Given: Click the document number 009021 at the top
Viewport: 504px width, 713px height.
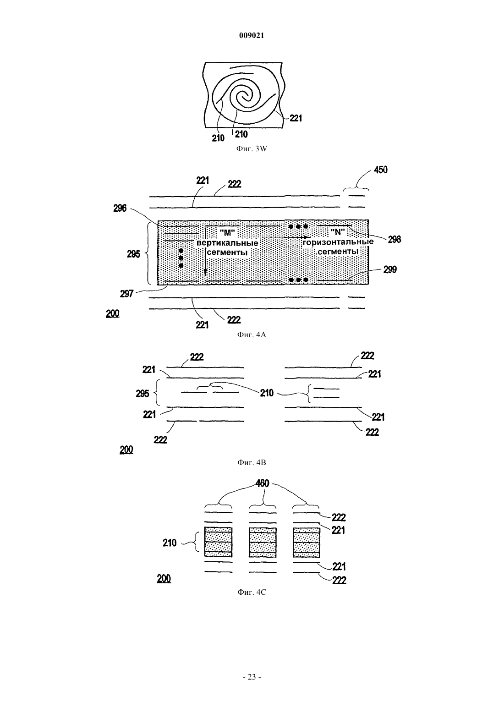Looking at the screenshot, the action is click(252, 36).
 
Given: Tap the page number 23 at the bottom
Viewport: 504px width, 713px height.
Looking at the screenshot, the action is click(252, 677).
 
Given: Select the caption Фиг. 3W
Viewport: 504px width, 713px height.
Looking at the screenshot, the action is click(252, 148).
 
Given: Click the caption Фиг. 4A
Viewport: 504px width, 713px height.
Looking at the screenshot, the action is click(252, 335).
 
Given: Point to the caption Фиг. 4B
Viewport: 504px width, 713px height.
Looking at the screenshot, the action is click(252, 462).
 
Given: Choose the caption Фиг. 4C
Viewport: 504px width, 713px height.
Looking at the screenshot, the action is click(252, 592).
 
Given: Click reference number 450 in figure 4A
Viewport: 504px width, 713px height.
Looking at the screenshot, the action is click(381, 170).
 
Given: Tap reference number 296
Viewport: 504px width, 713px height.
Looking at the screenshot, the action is click(120, 208).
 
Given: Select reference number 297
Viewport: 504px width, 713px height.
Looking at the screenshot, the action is click(126, 293).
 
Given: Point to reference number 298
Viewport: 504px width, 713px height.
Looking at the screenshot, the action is click(394, 239).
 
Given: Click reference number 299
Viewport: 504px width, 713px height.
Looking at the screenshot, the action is click(390, 269).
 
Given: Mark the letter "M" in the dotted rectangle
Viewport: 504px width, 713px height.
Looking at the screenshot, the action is click(227, 233).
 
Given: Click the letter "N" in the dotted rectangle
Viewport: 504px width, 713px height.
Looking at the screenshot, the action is click(338, 232).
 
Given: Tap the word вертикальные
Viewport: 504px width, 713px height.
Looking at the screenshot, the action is click(227, 243).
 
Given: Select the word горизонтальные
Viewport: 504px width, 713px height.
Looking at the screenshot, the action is click(338, 242).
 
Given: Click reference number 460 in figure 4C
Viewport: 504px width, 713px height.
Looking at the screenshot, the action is click(262, 483).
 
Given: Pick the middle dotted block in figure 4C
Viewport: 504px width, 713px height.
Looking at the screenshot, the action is click(263, 543).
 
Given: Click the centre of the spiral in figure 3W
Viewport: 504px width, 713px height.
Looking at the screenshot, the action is click(245, 97).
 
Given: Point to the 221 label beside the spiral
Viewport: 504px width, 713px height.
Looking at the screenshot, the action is click(296, 118).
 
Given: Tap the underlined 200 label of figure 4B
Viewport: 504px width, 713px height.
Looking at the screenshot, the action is click(126, 450).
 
